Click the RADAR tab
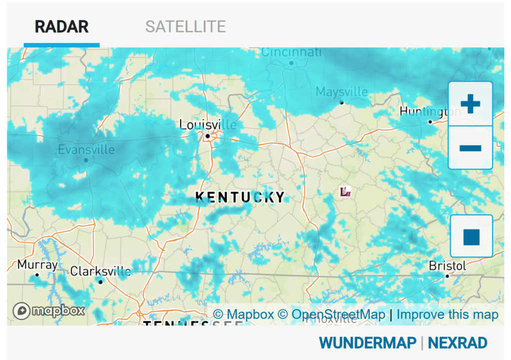[x=61, y=26]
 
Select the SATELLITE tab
[x=185, y=26]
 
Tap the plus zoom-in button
[x=470, y=104]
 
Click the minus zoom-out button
[x=470, y=148]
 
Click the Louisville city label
[x=208, y=124]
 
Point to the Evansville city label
[x=86, y=149]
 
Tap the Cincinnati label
[x=291, y=52]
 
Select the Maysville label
[x=342, y=92]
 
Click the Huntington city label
[x=429, y=112]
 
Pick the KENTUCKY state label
[x=240, y=197]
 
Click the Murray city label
[x=37, y=265]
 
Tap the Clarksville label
[x=100, y=272]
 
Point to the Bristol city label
[x=447, y=266]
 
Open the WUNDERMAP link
[x=367, y=343]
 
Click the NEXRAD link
[x=457, y=343]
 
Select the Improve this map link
[x=447, y=315]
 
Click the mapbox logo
[x=48, y=311]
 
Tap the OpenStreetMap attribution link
[x=338, y=315]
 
